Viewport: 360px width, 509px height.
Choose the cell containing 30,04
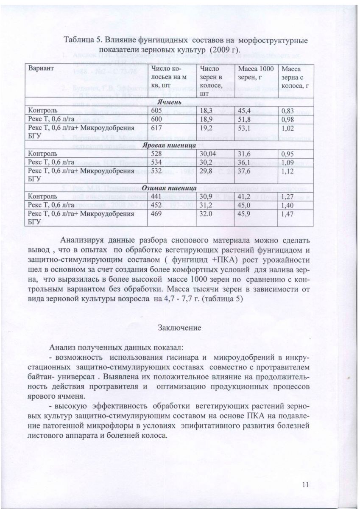(208, 153)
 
